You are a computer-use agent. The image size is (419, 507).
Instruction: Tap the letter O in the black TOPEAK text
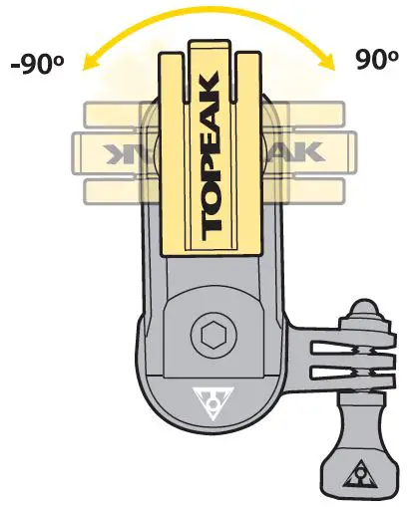211,194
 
